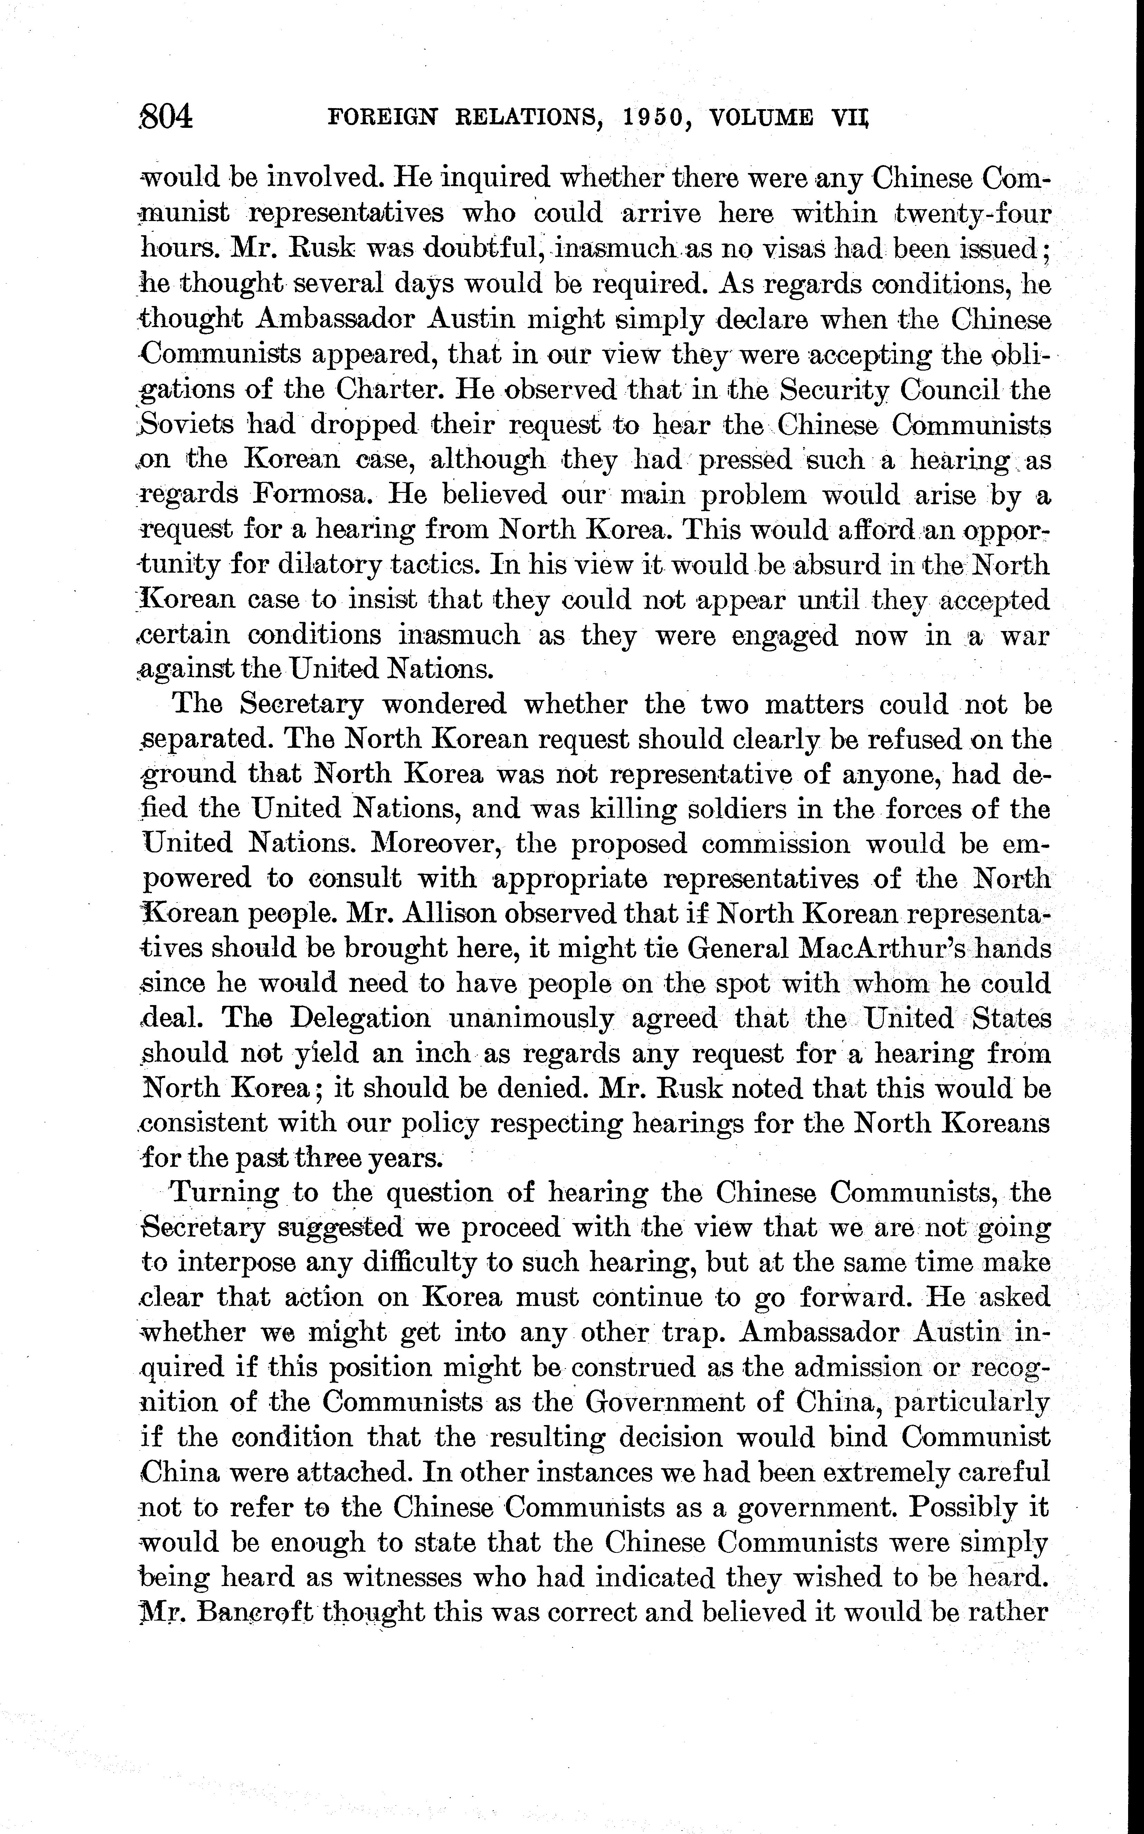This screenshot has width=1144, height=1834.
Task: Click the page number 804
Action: (x=168, y=118)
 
